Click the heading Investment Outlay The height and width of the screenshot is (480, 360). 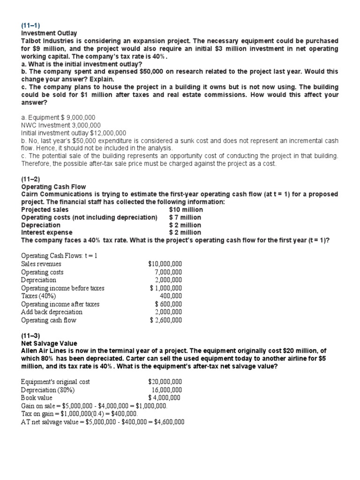49,33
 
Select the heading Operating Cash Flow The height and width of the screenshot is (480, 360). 53,187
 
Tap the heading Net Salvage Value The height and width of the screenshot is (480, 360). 49,344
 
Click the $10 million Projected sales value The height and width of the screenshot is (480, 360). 186,210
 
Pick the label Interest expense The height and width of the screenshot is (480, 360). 47,232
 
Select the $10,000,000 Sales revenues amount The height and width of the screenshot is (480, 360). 165,264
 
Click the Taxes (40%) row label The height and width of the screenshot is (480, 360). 39,296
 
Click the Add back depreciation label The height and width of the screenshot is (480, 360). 52,312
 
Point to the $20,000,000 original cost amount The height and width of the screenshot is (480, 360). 165,382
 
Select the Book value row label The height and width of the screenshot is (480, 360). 37,397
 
